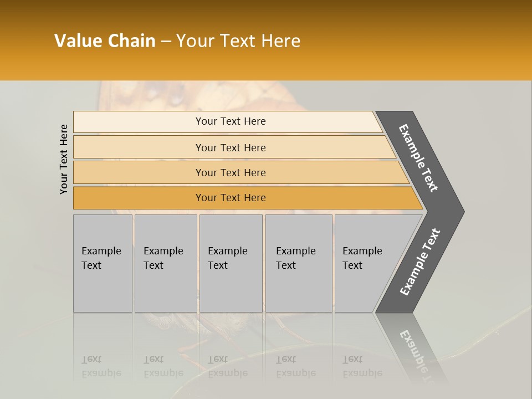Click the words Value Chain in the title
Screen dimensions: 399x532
(x=105, y=41)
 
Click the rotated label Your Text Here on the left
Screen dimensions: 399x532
(x=64, y=159)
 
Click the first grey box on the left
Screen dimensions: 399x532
(x=103, y=263)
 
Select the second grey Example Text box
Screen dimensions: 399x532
(x=166, y=263)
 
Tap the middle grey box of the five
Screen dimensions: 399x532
(x=231, y=263)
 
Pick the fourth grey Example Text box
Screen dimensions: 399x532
(x=298, y=263)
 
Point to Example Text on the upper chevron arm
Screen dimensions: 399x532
(x=418, y=158)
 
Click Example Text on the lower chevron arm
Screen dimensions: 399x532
(x=420, y=262)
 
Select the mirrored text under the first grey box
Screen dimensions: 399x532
(x=101, y=366)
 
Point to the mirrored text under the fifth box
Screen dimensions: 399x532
(x=362, y=366)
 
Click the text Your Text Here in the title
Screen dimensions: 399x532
(x=238, y=41)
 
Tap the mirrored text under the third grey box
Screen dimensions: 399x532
(x=227, y=366)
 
